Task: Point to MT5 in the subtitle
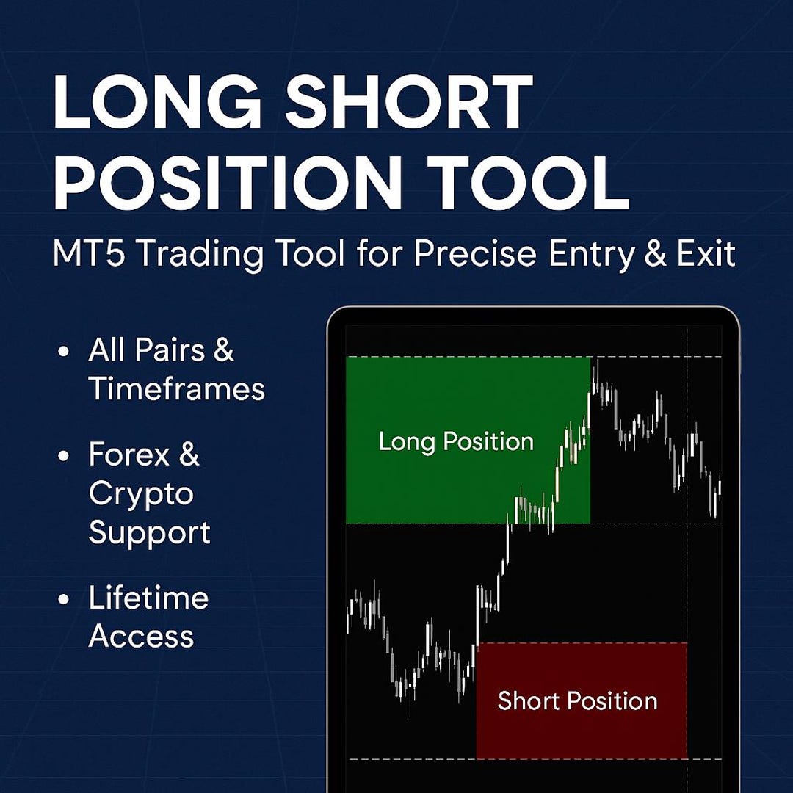(90, 255)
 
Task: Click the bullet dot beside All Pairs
(64, 352)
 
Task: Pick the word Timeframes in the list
(176, 388)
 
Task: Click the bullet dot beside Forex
(64, 456)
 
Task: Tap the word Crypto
(141, 495)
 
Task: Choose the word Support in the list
(149, 532)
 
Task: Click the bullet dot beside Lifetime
(64, 599)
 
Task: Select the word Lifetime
(148, 598)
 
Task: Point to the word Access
(141, 637)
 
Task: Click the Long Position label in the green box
(456, 441)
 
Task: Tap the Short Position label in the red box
(577, 700)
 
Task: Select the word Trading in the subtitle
(200, 255)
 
